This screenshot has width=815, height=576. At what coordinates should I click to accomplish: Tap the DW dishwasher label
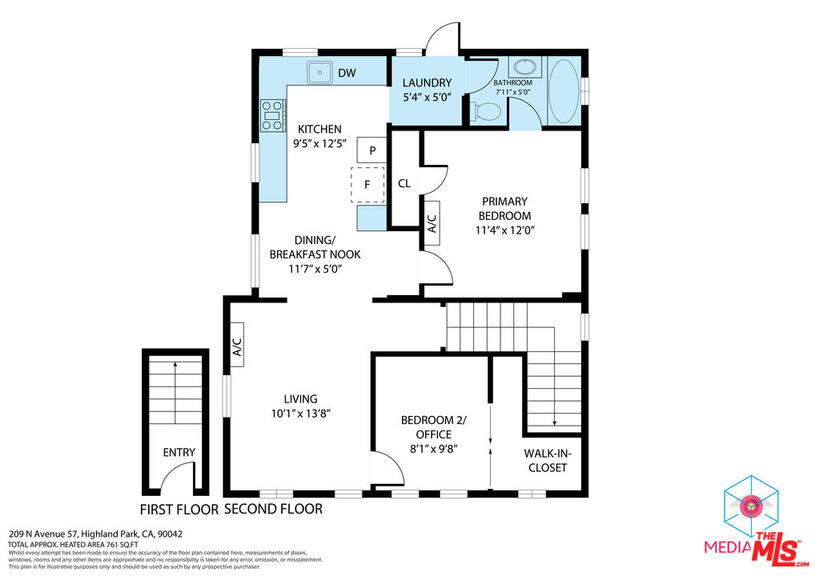click(x=347, y=74)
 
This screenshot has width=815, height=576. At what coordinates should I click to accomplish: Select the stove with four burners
click(x=272, y=114)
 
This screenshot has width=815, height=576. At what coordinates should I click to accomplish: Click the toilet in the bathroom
click(x=485, y=112)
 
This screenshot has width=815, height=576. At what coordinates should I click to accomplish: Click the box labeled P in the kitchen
click(x=372, y=150)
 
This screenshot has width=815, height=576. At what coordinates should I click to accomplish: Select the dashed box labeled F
click(x=367, y=184)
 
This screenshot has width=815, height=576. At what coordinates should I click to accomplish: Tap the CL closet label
click(x=404, y=183)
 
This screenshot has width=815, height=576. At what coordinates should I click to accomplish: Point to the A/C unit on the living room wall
click(x=237, y=345)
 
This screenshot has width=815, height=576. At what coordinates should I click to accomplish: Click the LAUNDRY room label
click(x=427, y=82)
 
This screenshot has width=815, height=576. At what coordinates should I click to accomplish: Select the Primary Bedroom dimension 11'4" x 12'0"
click(x=504, y=230)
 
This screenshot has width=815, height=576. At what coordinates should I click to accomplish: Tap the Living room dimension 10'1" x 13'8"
click(x=300, y=414)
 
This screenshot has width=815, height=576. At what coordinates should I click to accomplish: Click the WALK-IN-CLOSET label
click(x=546, y=460)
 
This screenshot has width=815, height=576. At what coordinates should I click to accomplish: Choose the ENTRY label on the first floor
click(x=179, y=452)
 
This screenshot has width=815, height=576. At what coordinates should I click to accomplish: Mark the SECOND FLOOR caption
click(x=273, y=509)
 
